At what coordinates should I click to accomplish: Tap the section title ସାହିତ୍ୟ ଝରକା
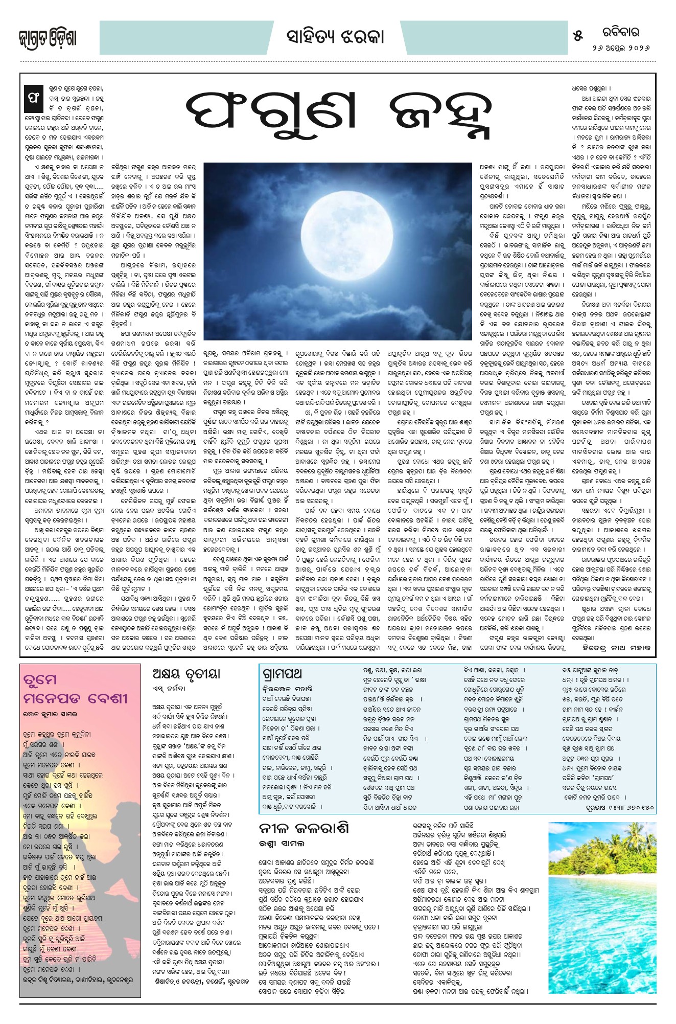tap(335, 37)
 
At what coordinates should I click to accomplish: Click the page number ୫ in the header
tap(578, 36)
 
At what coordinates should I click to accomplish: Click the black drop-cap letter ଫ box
tap(34, 101)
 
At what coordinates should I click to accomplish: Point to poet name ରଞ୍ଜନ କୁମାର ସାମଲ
tap(50, 714)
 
